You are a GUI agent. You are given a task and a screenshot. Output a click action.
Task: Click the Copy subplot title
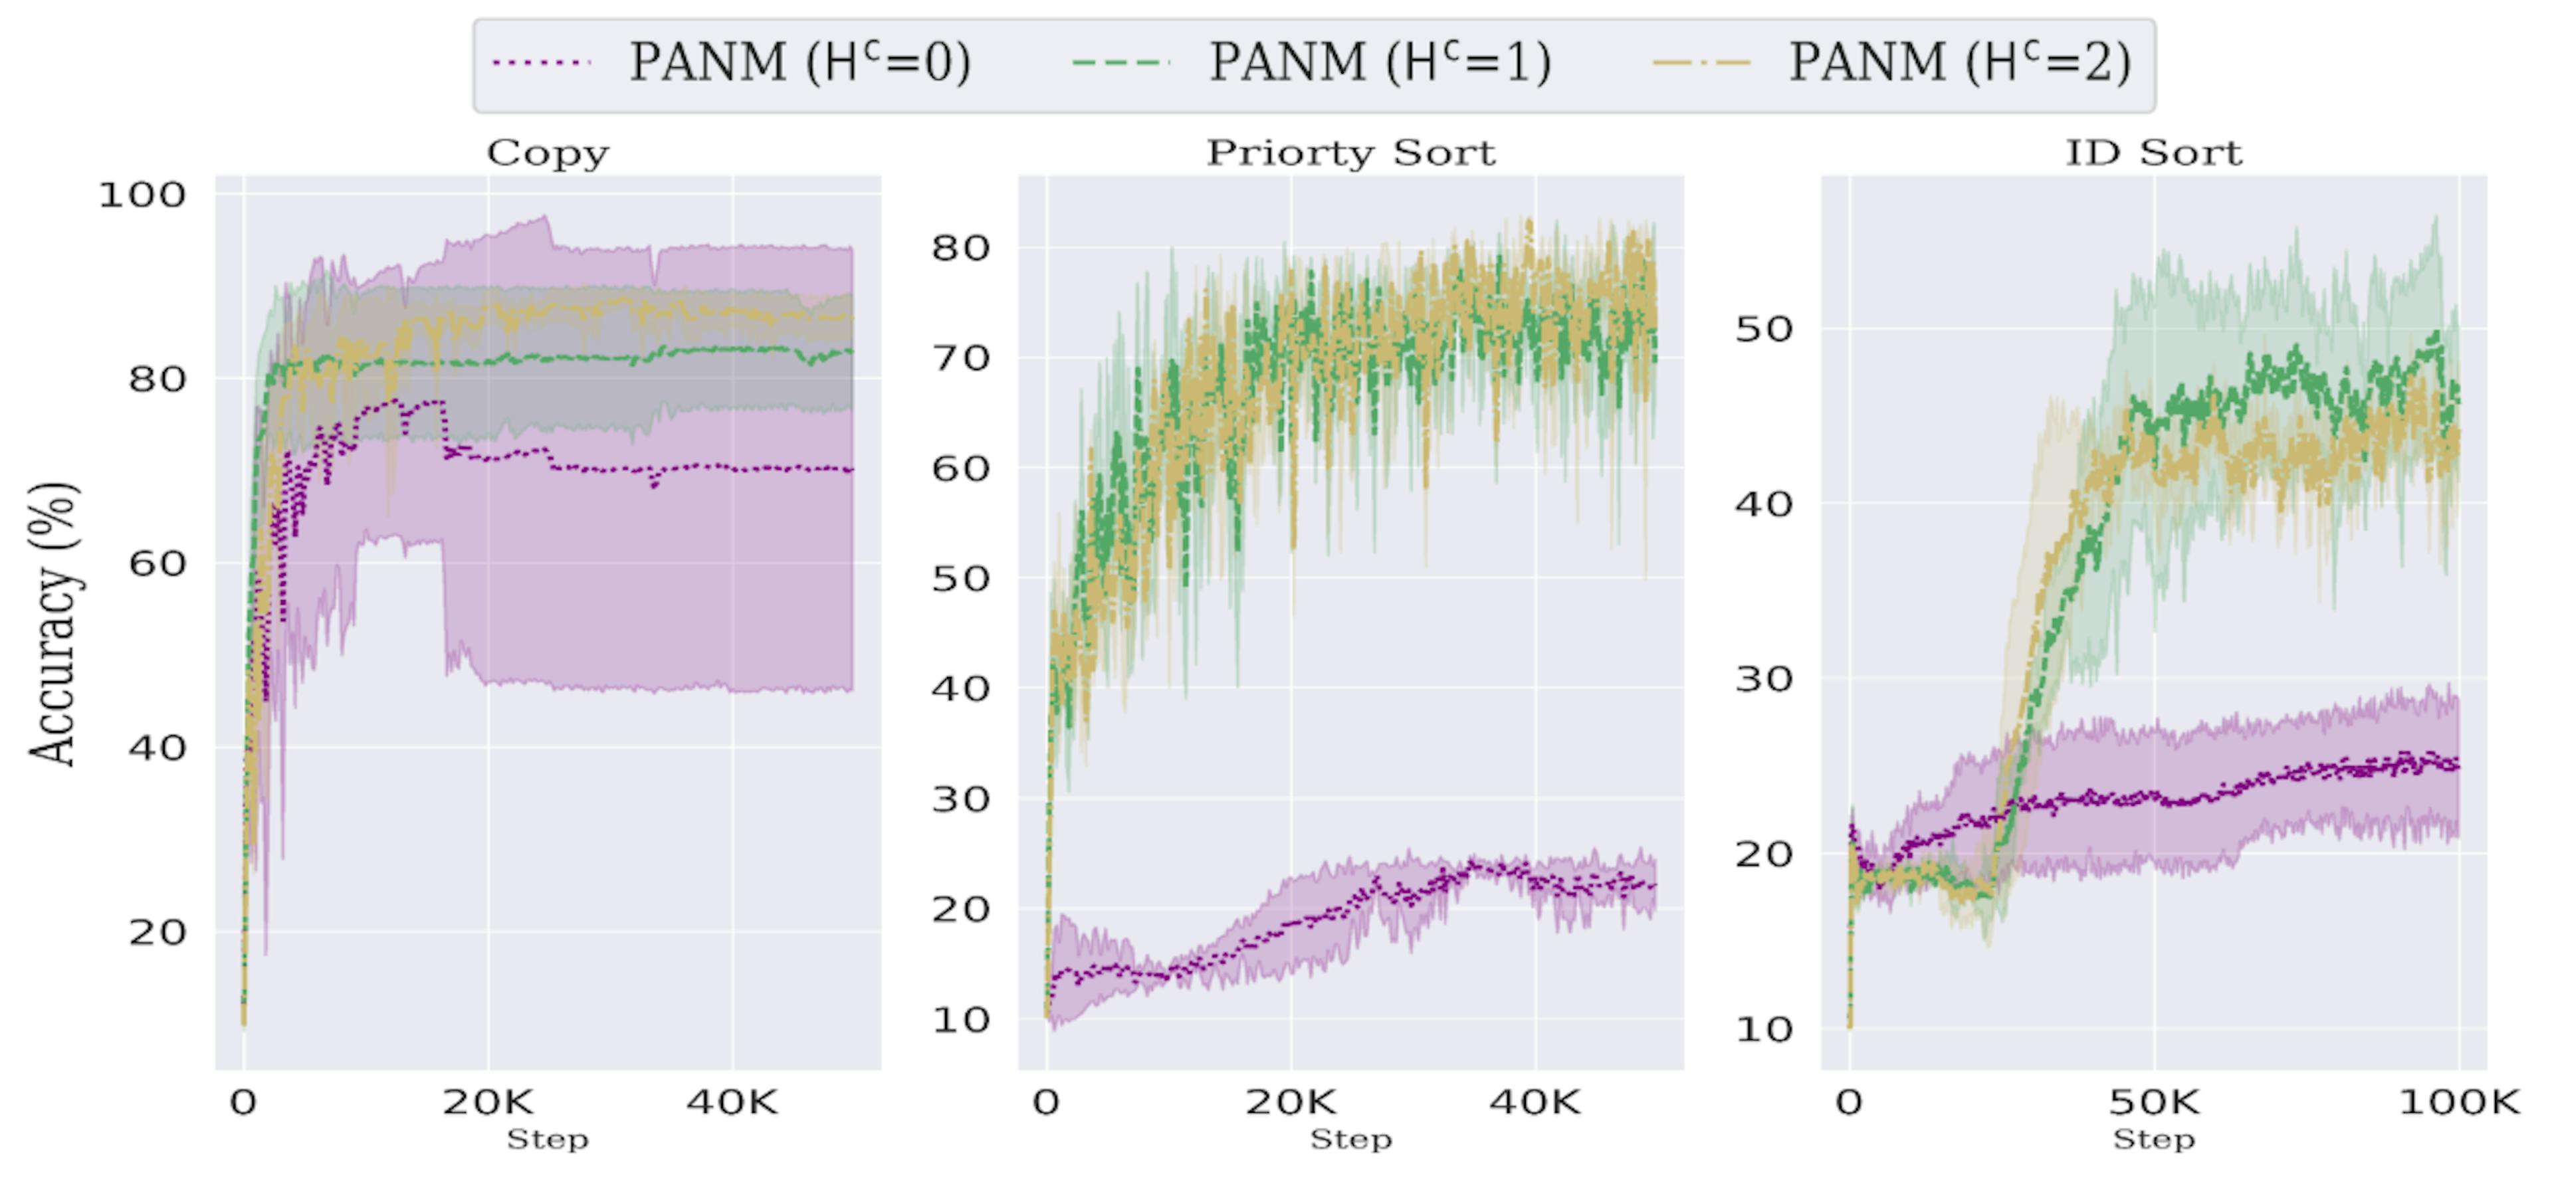click(x=548, y=153)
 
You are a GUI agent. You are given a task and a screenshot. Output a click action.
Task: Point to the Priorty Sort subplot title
click(x=1350, y=153)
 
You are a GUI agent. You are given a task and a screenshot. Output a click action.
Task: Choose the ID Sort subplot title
click(x=2154, y=153)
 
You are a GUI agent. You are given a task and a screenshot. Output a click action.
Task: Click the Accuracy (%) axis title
click(x=52, y=624)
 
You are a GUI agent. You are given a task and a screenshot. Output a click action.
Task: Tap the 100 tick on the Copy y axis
click(x=142, y=195)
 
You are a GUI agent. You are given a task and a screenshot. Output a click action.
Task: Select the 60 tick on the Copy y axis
click(x=157, y=563)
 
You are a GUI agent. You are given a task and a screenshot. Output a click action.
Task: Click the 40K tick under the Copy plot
click(x=732, y=1102)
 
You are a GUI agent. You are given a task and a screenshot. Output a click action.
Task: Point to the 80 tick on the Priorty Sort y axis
click(x=960, y=248)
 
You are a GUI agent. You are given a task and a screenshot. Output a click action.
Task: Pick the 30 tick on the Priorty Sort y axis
click(x=960, y=799)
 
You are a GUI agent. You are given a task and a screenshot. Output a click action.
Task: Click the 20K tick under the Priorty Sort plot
click(x=1290, y=1102)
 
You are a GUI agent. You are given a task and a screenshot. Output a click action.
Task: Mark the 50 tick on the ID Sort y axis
click(x=1763, y=329)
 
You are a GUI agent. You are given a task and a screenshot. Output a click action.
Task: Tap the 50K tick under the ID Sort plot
click(x=2154, y=1102)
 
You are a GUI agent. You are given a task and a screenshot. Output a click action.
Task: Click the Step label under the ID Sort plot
click(x=2154, y=1139)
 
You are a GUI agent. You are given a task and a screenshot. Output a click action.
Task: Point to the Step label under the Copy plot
click(x=548, y=1139)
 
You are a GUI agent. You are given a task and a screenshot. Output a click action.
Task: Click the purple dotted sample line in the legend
click(x=541, y=63)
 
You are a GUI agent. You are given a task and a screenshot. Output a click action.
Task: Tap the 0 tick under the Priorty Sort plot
click(x=1046, y=1102)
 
